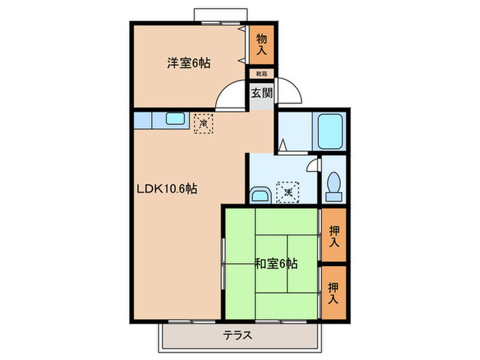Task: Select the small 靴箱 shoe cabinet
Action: pyautogui.click(x=261, y=73)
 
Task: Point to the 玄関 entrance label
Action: pyautogui.click(x=261, y=93)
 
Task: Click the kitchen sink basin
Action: pyautogui.click(x=173, y=120)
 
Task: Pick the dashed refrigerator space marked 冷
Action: pyautogui.click(x=204, y=123)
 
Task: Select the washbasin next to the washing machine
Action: pyautogui.click(x=260, y=194)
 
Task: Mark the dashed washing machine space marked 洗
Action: pyautogui.click(x=289, y=193)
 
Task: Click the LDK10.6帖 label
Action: pyautogui.click(x=171, y=189)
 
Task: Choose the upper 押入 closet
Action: pyautogui.click(x=334, y=236)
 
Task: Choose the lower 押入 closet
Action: pyautogui.click(x=334, y=293)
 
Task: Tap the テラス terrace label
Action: pyautogui.click(x=238, y=335)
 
